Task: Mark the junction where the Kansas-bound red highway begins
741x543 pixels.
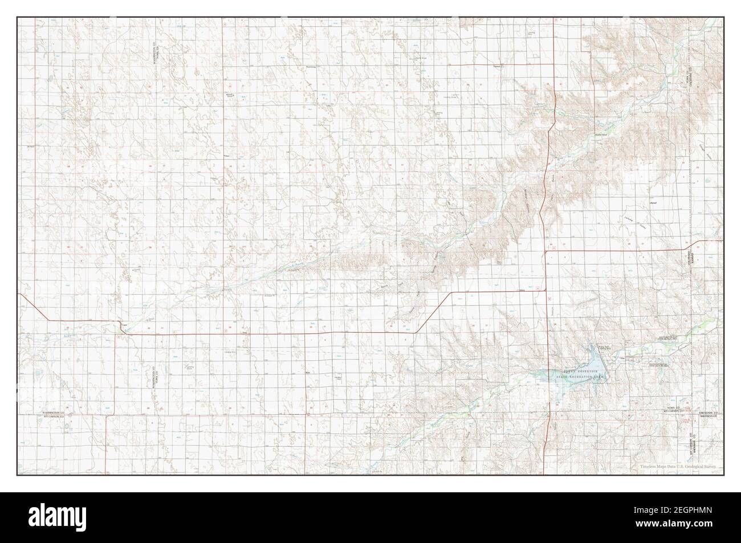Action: [546, 251]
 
